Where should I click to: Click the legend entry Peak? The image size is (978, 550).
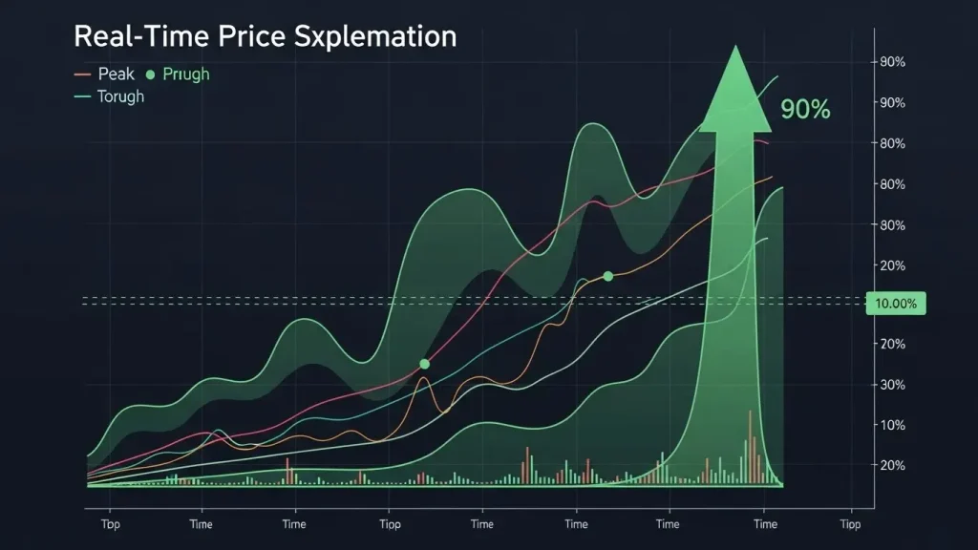click(116, 74)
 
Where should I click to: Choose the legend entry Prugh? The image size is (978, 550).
click(186, 74)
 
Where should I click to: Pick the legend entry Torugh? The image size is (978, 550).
click(120, 96)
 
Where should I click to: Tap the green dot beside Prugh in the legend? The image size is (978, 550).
click(149, 74)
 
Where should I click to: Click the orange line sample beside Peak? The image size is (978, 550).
click(82, 74)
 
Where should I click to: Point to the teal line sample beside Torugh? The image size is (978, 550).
click(82, 96)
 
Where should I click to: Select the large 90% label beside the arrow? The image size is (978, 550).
click(805, 110)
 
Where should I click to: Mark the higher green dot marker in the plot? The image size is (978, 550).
click(607, 276)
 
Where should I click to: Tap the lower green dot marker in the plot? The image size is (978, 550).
click(424, 364)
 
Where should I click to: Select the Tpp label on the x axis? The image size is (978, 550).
click(109, 524)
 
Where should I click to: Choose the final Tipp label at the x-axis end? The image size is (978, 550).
click(849, 524)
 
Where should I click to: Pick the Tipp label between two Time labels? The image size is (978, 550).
click(390, 524)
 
